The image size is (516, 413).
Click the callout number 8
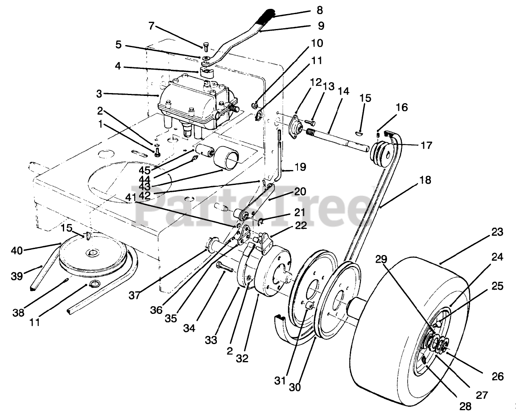(320, 10)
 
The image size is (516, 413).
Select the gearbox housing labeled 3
(189, 101)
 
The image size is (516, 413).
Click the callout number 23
(497, 232)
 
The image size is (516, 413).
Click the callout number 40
(17, 250)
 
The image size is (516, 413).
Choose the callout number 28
(466, 405)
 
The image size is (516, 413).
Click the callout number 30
(295, 387)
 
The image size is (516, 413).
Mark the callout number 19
(300, 167)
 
